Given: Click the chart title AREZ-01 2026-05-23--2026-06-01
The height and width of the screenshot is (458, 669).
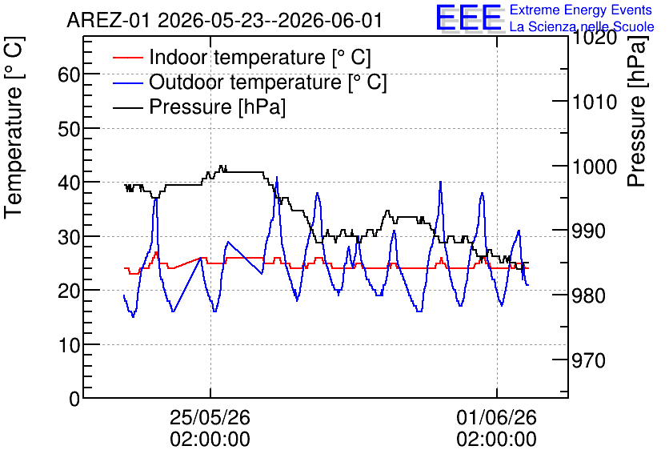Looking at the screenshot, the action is (224, 21).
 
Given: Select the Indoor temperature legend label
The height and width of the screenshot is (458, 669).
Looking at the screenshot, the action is (260, 57).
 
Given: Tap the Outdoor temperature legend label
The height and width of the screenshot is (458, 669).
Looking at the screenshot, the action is (268, 82).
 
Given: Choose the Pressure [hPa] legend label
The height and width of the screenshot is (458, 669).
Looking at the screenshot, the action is (217, 106).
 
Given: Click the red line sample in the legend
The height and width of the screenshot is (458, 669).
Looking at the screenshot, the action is (127, 57).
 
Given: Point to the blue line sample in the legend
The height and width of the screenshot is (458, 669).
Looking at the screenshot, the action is (127, 82).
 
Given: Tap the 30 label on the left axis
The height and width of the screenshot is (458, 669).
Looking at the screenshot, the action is (69, 237).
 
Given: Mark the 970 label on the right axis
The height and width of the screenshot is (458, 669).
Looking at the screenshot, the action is (588, 360).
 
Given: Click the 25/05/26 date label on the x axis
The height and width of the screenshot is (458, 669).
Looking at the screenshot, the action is (210, 417).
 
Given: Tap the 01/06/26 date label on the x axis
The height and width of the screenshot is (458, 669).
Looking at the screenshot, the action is (497, 417).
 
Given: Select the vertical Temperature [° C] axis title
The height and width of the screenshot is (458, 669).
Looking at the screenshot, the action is (14, 127).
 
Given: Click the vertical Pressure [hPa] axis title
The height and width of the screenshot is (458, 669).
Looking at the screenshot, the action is (637, 111).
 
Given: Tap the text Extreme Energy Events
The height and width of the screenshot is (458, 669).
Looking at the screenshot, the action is (581, 10).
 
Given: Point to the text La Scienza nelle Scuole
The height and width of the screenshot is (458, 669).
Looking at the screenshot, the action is (582, 26).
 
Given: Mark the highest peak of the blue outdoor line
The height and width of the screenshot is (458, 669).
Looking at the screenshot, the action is (277, 177).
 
